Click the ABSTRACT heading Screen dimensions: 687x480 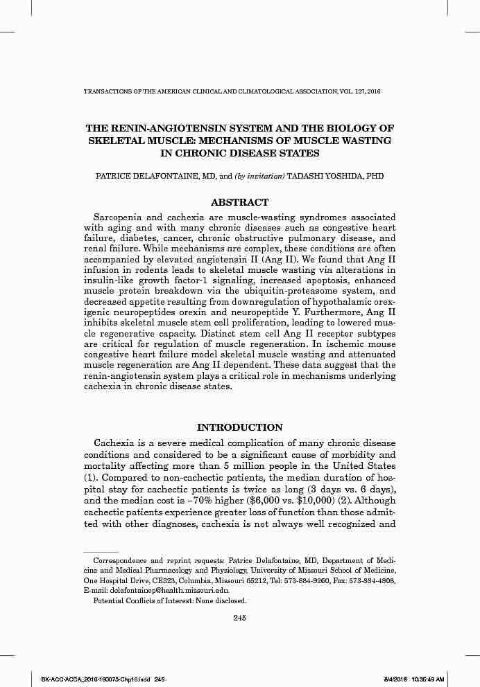(239, 202)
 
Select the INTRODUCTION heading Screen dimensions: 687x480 (239, 427)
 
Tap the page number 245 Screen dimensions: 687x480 (239, 618)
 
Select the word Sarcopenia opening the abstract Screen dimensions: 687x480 (121, 217)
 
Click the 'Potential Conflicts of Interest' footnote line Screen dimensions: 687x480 (170, 600)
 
